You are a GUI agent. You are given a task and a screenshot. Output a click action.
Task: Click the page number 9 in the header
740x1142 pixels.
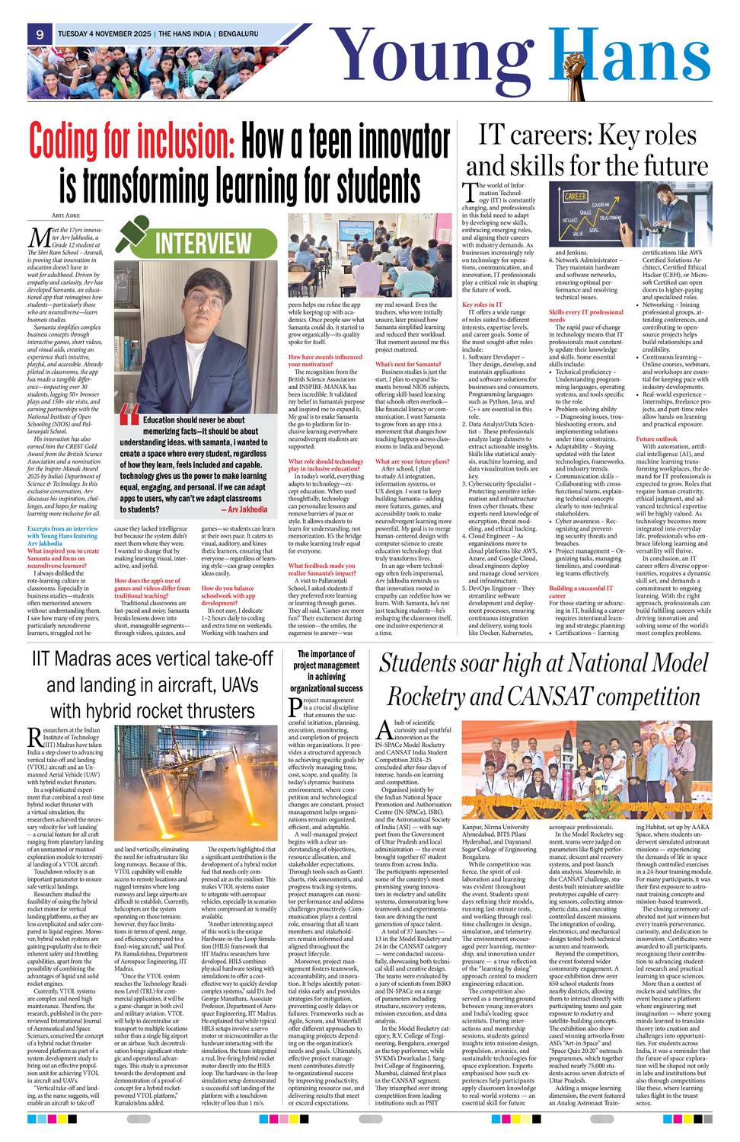tap(39, 34)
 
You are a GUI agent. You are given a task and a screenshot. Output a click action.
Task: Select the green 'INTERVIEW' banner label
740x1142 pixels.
tap(203, 243)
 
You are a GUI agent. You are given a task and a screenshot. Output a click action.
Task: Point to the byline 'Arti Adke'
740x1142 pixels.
tap(65, 216)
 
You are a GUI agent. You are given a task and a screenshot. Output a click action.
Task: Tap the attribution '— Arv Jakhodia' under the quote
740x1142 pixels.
tap(243, 509)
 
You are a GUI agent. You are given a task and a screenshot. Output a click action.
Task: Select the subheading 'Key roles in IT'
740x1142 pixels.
tap(482, 305)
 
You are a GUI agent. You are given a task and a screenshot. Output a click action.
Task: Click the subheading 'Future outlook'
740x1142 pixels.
tap(656, 439)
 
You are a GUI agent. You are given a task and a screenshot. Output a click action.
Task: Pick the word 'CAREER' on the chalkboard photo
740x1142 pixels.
tap(574, 196)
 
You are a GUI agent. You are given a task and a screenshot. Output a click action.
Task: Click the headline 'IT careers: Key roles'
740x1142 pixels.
tap(586, 136)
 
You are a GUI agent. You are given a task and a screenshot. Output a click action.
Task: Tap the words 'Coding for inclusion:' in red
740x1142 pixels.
tap(132, 141)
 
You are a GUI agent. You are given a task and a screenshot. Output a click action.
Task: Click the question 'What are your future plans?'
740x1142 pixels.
tap(412, 461)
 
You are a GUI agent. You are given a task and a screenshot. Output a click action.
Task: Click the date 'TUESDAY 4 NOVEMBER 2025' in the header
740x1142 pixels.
tap(104, 34)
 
